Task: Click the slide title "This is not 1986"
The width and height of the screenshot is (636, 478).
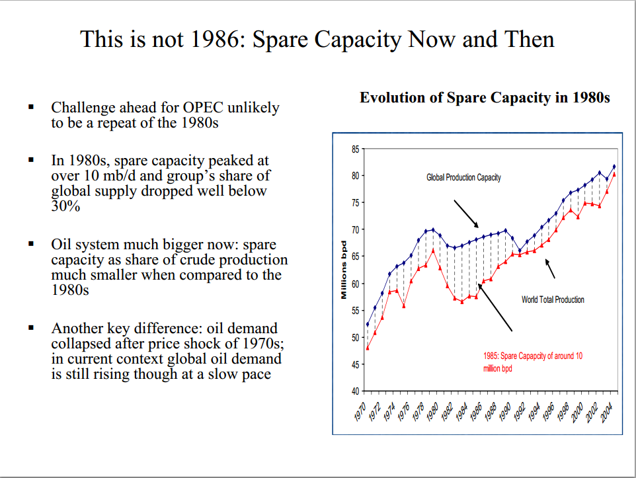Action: click(317, 39)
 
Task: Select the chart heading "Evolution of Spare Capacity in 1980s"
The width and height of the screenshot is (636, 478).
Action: click(485, 98)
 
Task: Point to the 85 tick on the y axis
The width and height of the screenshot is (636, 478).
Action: click(356, 149)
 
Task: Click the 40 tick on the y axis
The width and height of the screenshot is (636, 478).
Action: click(356, 391)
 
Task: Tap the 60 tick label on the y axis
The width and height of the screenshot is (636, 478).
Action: click(356, 284)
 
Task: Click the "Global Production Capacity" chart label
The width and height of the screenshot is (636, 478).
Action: click(463, 177)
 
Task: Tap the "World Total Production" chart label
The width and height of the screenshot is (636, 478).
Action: click(553, 299)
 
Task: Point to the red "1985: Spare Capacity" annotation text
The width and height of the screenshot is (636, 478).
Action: click(533, 362)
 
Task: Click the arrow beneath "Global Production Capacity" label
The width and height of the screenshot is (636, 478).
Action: click(467, 213)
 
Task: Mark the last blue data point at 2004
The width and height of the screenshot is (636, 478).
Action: click(614, 167)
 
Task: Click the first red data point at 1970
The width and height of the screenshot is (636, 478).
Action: click(368, 348)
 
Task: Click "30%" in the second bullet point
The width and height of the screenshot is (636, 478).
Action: click(65, 206)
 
